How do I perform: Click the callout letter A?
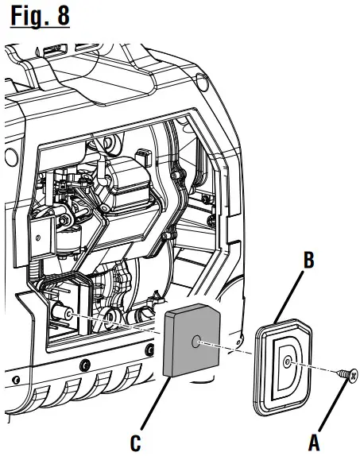click(x=314, y=442)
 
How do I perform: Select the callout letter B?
click(x=309, y=260)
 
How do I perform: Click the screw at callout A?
click(x=348, y=375)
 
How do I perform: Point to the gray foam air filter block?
click(x=192, y=340)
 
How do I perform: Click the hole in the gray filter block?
click(x=196, y=342)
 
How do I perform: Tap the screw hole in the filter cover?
click(x=288, y=362)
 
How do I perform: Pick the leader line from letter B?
click(x=289, y=296)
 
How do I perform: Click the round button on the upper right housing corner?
click(x=202, y=81)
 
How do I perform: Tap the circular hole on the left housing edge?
click(x=11, y=157)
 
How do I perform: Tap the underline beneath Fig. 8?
click(x=41, y=27)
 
